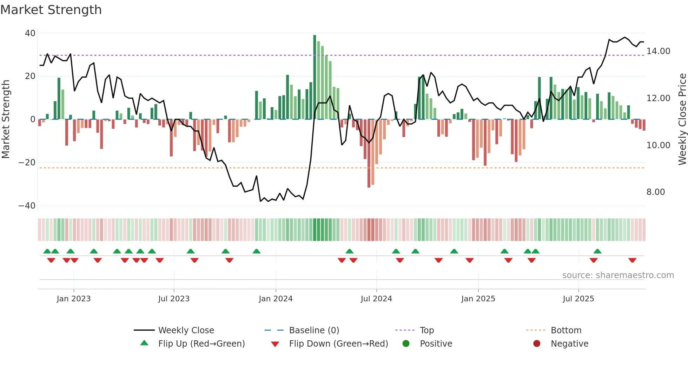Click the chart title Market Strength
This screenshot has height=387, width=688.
51,10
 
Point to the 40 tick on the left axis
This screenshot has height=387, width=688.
30,33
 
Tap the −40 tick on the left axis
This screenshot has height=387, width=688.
27,206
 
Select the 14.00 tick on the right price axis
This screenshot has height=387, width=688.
658,51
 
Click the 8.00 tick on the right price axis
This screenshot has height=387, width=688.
656,192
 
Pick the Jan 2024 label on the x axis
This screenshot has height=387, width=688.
276,299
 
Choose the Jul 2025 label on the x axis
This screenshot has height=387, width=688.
578,299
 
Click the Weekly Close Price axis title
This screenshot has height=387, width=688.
682,119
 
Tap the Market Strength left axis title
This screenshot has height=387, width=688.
6,119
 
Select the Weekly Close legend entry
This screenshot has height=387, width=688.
186,330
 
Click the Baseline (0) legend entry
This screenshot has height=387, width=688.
314,330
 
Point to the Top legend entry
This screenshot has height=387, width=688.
426,330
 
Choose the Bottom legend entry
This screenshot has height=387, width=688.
566,330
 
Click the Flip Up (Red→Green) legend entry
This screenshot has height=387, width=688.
201,344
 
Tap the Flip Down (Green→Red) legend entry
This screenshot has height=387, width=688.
338,344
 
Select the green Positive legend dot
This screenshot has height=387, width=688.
406,344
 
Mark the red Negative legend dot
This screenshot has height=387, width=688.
537,344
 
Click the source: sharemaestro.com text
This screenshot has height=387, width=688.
618,275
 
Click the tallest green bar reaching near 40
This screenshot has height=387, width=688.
315,77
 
